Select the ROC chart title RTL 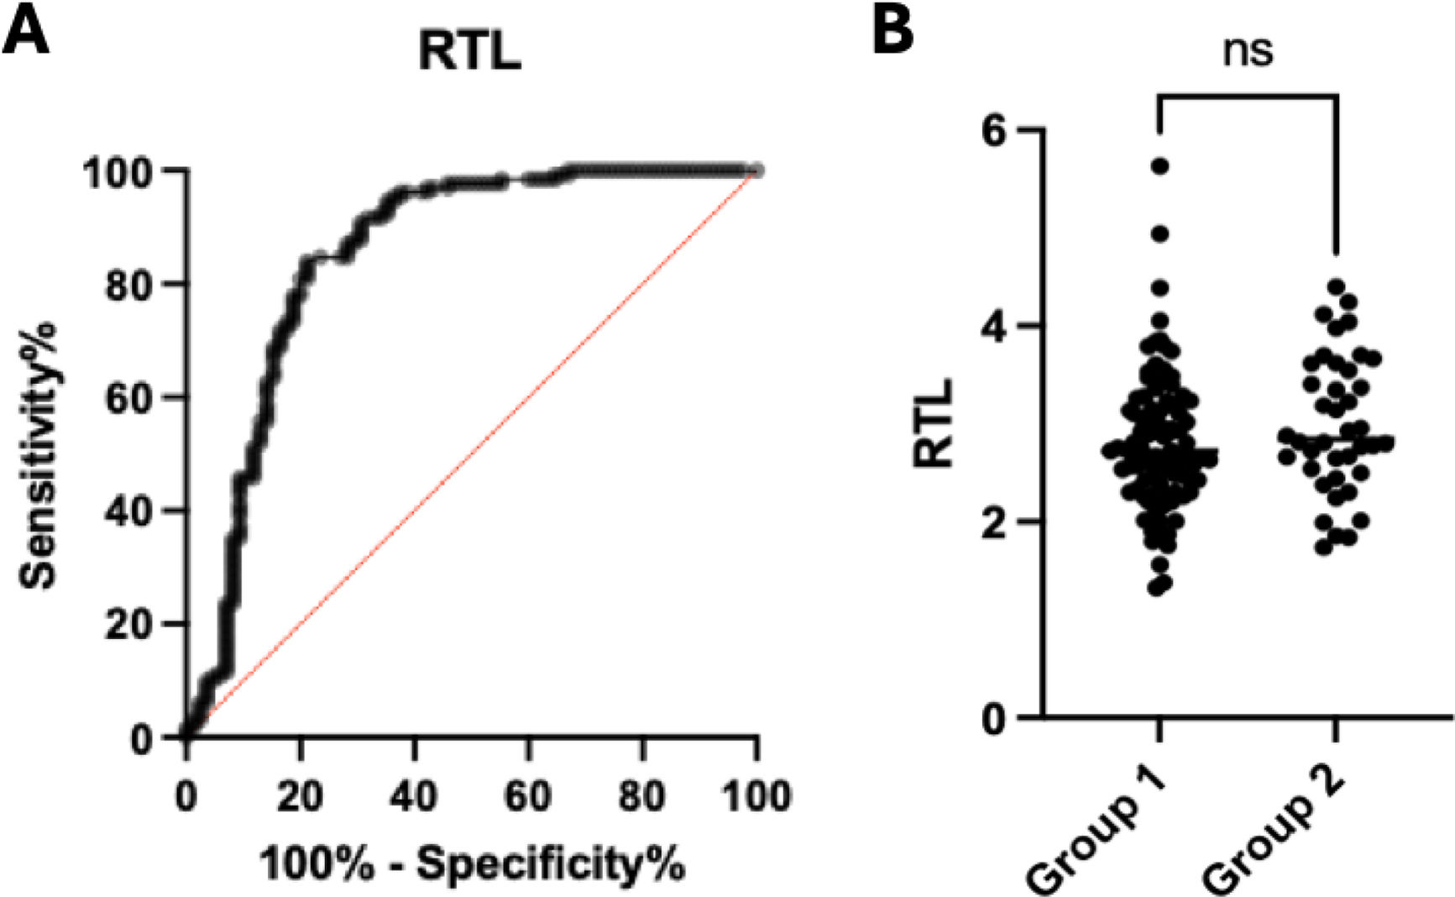[x=469, y=52]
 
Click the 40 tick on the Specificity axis [x=414, y=795]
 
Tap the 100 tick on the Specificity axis [x=756, y=795]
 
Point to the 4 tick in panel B [x=996, y=326]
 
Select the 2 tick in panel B [x=996, y=522]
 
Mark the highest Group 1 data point [x=1160, y=166]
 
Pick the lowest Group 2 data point [x=1324, y=547]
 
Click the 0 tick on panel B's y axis [x=996, y=719]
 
